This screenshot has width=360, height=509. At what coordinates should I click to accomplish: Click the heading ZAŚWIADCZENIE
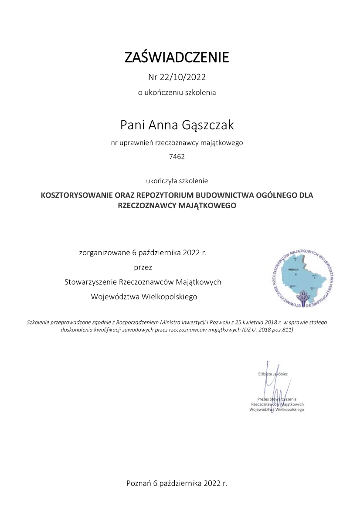pos(177,57)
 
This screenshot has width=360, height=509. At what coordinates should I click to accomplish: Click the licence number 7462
pos(177,157)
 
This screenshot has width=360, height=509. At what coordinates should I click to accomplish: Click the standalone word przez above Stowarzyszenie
pos(143,267)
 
